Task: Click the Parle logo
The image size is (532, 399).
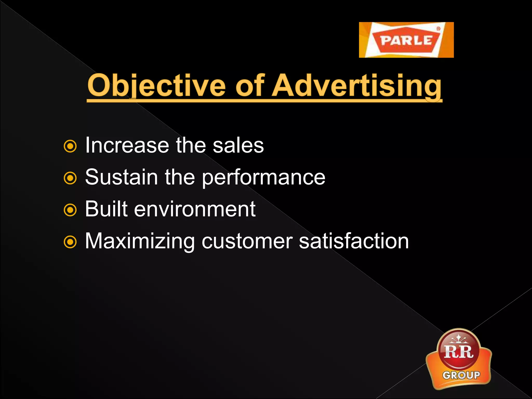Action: [x=406, y=40]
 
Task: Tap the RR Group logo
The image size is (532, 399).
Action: [x=459, y=359]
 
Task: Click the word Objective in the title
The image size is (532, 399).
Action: [x=156, y=85]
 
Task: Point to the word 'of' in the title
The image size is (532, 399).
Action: [x=250, y=85]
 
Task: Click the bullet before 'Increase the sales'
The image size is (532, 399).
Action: [x=70, y=147]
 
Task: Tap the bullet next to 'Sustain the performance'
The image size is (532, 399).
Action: [x=70, y=178]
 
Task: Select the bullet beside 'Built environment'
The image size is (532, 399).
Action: [x=70, y=210]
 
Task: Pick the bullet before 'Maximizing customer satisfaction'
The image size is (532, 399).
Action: [x=70, y=242]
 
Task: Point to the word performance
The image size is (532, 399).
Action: [x=263, y=177]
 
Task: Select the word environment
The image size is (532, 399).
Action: [x=195, y=209]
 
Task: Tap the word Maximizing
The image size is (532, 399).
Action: [x=140, y=241]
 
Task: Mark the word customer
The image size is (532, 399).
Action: [x=247, y=241]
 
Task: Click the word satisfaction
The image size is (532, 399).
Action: [x=354, y=241]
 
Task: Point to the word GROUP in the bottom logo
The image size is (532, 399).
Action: [x=461, y=375]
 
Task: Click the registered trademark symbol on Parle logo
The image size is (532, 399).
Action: [x=438, y=29]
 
